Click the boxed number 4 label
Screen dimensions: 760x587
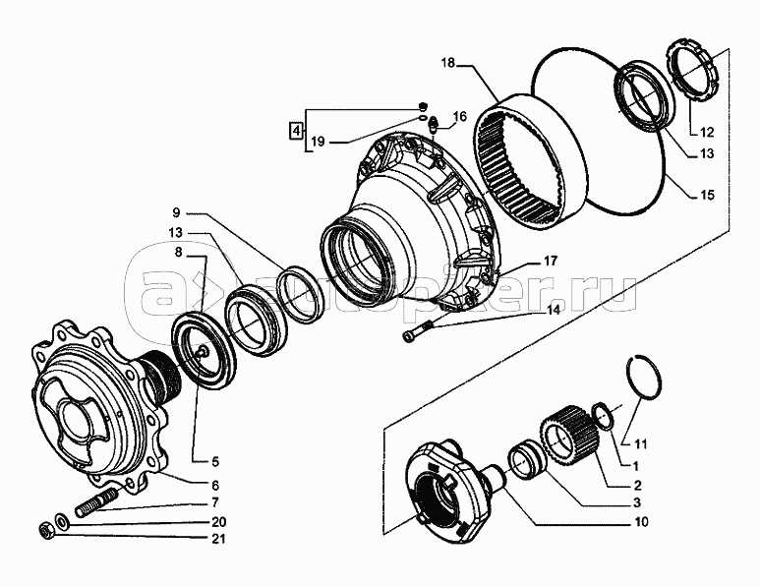click(x=295, y=131)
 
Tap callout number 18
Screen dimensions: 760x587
click(x=448, y=64)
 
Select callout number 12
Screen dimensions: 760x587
click(x=707, y=132)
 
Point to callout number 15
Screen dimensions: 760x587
click(x=707, y=195)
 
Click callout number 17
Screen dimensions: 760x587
click(x=552, y=262)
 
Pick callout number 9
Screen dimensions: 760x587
click(x=175, y=212)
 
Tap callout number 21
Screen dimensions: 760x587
click(x=219, y=539)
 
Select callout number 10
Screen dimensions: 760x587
click(x=641, y=521)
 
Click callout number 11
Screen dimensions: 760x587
click(x=640, y=443)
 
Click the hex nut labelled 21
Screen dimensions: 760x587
click(x=44, y=530)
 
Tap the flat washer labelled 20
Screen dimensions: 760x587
click(x=62, y=522)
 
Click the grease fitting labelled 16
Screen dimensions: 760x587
click(x=434, y=126)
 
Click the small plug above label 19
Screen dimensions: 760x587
click(x=423, y=106)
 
